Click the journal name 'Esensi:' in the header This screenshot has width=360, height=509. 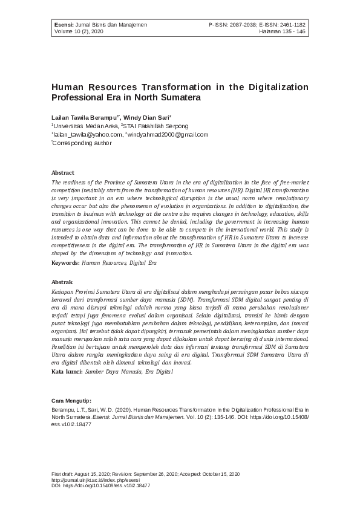click(x=63, y=25)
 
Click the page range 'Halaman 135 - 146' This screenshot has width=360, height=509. click(x=282, y=32)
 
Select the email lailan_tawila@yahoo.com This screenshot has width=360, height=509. click(x=87, y=134)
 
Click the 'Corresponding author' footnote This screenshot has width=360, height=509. click(x=82, y=143)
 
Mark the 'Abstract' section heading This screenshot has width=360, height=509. click(x=63, y=172)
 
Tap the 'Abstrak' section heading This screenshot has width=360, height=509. click(x=62, y=282)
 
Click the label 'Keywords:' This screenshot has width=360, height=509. click(x=65, y=262)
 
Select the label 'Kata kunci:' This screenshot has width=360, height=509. click(x=67, y=372)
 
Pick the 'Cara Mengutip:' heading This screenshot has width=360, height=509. click(x=71, y=400)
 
